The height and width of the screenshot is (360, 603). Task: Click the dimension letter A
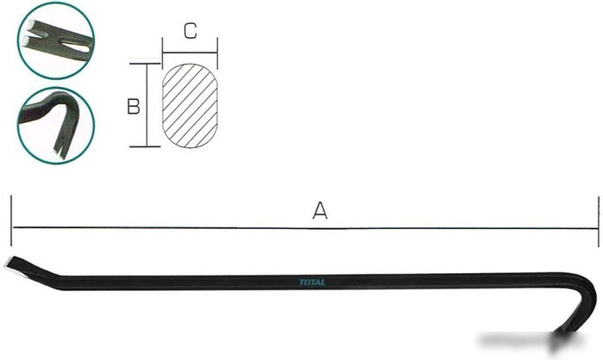tap(320, 210)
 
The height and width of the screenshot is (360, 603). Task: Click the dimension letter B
tap(134, 107)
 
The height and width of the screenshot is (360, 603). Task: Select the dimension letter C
tap(190, 31)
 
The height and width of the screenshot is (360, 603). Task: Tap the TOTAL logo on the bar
tap(312, 282)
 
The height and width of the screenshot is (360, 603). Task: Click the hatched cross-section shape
tap(190, 106)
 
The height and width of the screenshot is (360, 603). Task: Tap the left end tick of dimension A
tap(11, 220)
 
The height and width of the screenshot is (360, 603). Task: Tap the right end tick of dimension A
tap(599, 221)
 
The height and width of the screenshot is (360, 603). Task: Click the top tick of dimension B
tap(145, 64)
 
